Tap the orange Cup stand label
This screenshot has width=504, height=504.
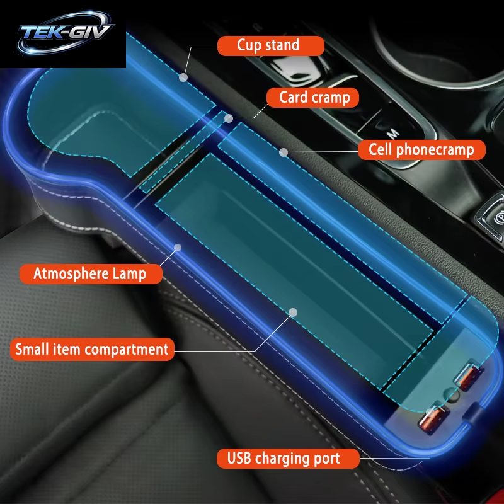[271, 45]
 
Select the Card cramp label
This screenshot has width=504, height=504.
[312, 98]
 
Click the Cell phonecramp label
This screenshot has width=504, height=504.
[421, 150]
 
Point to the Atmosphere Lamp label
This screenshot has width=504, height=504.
[91, 274]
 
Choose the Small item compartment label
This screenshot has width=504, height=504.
[92, 349]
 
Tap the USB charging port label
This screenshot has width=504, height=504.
[288, 459]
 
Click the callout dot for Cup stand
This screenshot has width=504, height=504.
[183, 77]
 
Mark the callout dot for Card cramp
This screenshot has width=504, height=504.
[229, 118]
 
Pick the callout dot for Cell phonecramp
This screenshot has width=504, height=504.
[283, 152]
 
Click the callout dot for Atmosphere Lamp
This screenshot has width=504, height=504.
[178, 248]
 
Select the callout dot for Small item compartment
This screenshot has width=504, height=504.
[293, 312]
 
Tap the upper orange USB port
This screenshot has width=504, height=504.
[469, 375]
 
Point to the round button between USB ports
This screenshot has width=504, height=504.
[452, 396]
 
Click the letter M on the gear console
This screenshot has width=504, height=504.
[393, 133]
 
